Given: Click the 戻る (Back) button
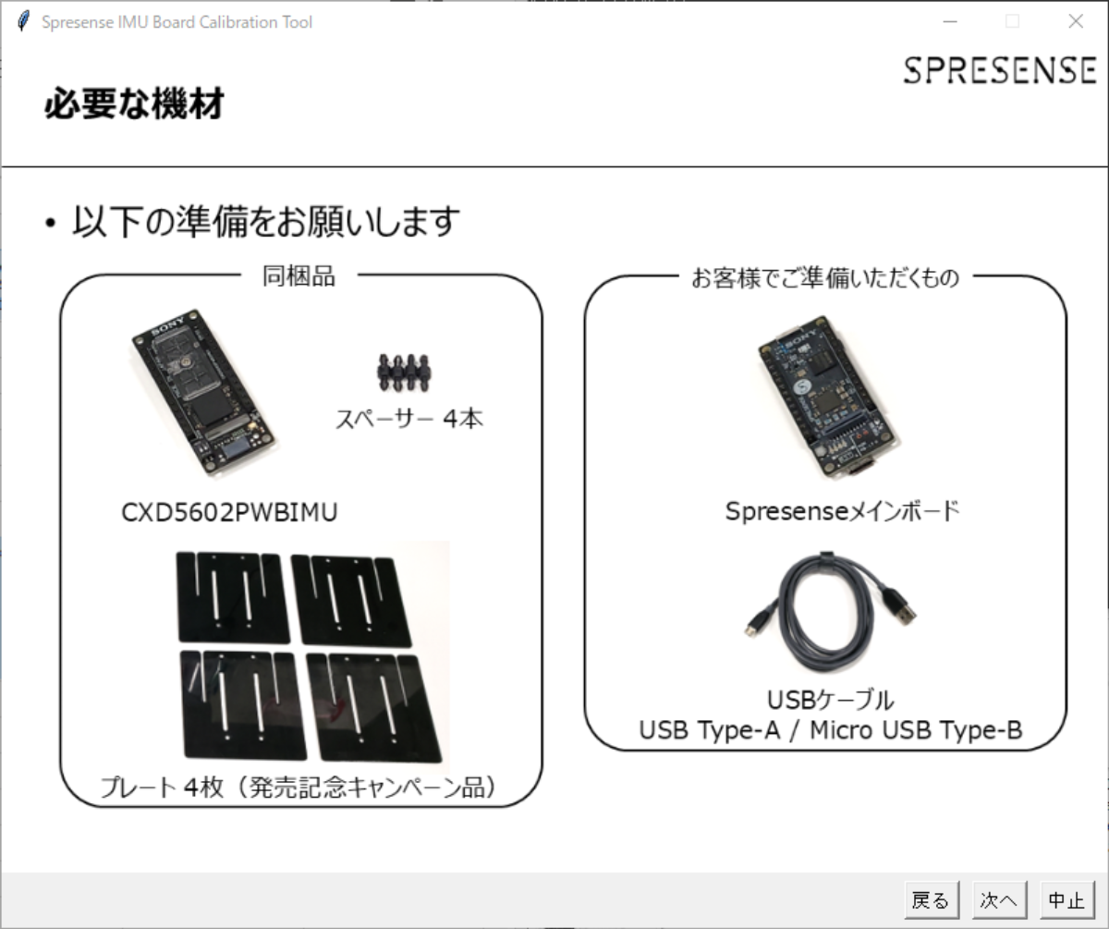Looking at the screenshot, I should click(x=931, y=900).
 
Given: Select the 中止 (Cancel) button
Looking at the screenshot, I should click(x=1066, y=900).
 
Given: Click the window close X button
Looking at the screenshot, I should click(x=1075, y=22).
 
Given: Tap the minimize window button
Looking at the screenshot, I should click(x=949, y=22).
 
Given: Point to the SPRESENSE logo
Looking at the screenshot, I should click(x=1000, y=71).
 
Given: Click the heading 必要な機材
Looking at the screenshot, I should click(x=134, y=104).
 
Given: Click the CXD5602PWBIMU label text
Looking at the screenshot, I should click(x=229, y=512).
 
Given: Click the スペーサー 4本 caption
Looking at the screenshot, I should click(x=408, y=419).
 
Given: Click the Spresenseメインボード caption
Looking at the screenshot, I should click(x=842, y=511).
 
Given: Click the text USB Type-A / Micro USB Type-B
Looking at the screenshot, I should click(x=830, y=731).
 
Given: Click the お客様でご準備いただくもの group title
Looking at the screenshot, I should click(x=825, y=277).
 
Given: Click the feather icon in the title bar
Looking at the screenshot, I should click(x=24, y=22).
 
